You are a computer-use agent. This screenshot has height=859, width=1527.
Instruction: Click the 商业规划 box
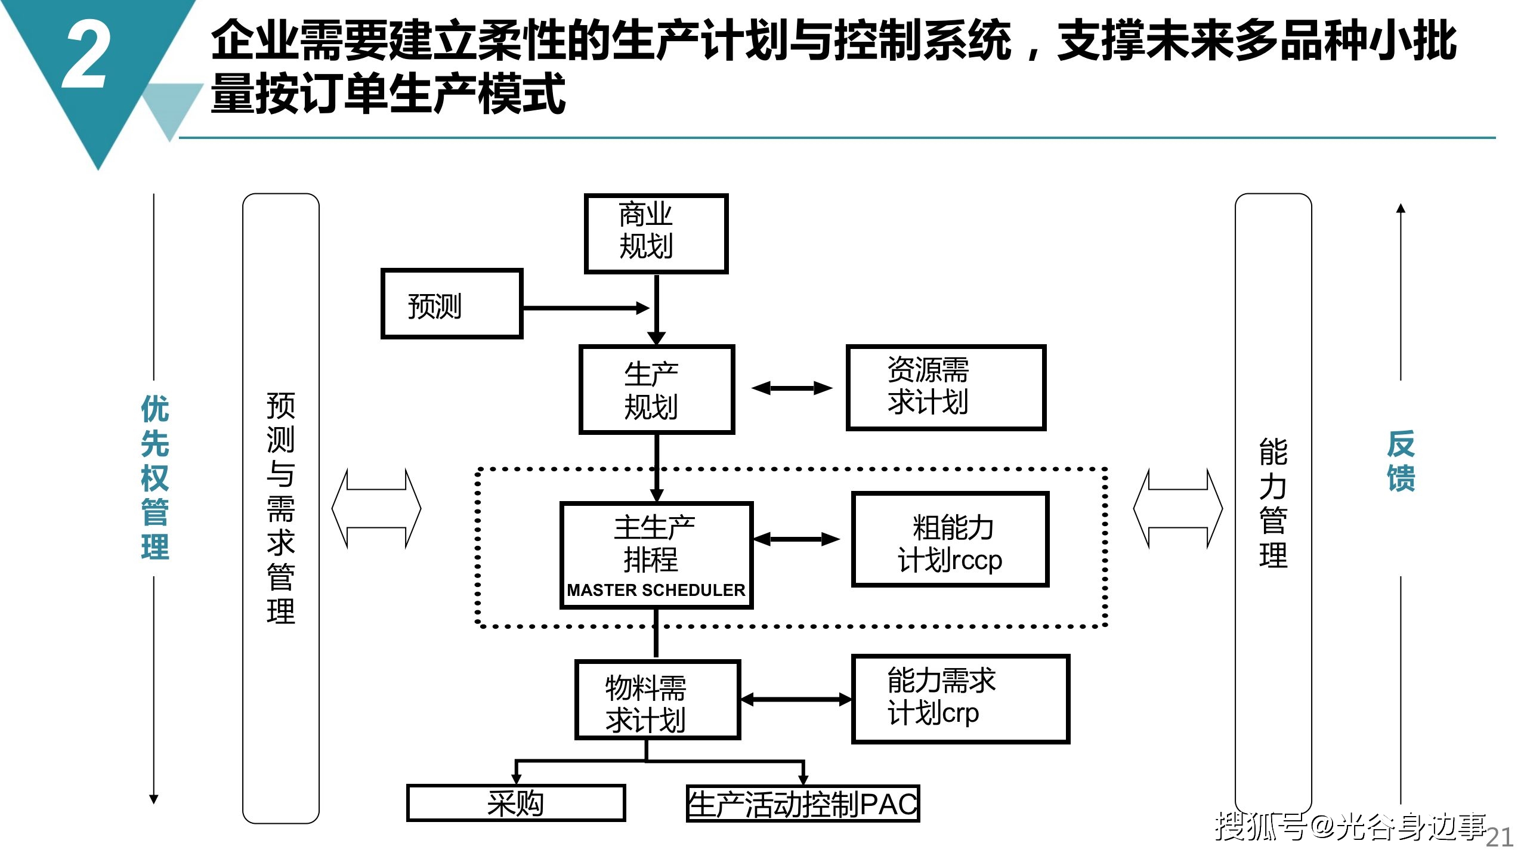[x=656, y=234]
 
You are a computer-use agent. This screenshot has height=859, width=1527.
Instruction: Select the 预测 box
[x=452, y=304]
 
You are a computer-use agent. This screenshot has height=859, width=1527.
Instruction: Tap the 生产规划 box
[x=657, y=390]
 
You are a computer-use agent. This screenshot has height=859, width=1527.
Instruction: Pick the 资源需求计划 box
[x=946, y=388]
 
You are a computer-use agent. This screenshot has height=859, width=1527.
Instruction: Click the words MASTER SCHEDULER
[x=656, y=590]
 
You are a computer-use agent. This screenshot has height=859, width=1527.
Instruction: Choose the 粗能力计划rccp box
[x=950, y=539]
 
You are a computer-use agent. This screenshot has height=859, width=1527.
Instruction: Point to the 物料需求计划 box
[x=658, y=700]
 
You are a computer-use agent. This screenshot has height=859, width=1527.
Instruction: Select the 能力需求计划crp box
[x=960, y=699]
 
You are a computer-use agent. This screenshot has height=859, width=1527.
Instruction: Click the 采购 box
[x=516, y=803]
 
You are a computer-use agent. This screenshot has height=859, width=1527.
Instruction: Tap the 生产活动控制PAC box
[x=803, y=804]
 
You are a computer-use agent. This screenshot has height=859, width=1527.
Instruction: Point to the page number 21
[x=1500, y=838]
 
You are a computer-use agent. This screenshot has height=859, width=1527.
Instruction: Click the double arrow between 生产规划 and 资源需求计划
[x=792, y=388]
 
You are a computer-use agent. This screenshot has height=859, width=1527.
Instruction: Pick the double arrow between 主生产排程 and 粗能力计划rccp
[x=796, y=539]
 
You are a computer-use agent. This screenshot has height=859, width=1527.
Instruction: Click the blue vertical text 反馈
[x=1401, y=461]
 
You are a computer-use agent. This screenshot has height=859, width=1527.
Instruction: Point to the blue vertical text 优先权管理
[x=155, y=477]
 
